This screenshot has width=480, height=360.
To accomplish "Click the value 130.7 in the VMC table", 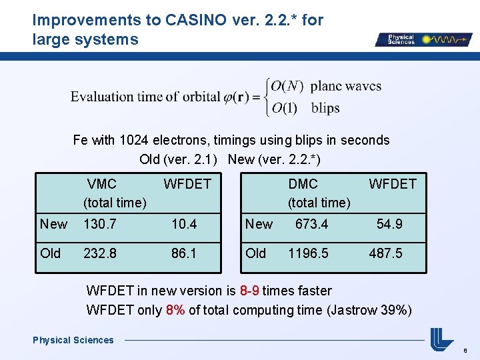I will tap(99, 225).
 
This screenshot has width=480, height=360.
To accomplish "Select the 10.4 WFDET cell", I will tap(184, 225).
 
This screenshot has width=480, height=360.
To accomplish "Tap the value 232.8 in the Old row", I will tap(99, 253).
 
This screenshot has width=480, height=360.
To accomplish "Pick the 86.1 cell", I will tap(184, 253).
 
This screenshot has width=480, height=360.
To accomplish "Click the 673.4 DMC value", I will tap(311, 225).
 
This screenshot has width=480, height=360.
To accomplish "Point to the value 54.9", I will tap(389, 225).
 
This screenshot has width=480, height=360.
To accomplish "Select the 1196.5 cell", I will tap(308, 253).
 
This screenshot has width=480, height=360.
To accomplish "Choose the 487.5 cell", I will tap(386, 253).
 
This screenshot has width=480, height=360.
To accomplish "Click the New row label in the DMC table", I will tap(259, 225).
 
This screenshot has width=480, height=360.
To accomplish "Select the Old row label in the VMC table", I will tap(50, 253).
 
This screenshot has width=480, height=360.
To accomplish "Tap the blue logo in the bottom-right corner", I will tap(441, 339).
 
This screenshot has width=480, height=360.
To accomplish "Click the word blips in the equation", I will tap(325, 108).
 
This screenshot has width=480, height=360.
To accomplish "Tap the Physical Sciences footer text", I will tap(73, 340).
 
